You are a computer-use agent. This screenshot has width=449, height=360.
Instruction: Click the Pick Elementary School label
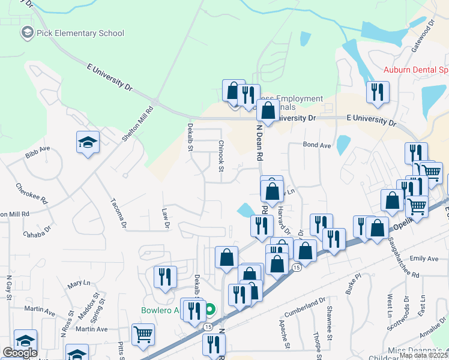(x=80, y=33)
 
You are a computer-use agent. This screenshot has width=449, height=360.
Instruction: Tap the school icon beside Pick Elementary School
(x=27, y=32)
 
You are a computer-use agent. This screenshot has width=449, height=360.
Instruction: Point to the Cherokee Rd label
(x=31, y=194)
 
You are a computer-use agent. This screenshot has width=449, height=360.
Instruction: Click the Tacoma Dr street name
(x=118, y=213)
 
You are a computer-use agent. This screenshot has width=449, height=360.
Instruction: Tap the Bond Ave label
(x=317, y=145)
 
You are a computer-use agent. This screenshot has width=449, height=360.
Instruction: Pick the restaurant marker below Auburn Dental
(x=378, y=92)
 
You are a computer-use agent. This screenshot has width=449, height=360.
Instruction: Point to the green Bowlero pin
(x=209, y=310)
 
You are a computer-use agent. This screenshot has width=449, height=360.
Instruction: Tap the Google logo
(x=20, y=353)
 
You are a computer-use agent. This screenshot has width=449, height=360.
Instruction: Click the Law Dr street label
(x=166, y=218)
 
